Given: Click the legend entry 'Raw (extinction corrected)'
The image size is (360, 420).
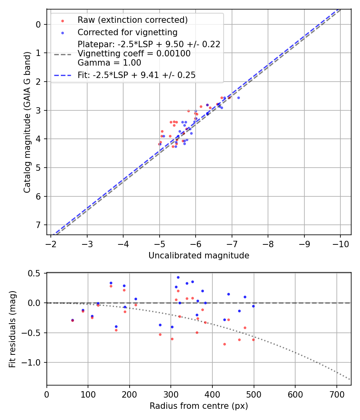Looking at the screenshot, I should [x=132, y=20].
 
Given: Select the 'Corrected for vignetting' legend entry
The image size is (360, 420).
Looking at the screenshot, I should [x=127, y=32].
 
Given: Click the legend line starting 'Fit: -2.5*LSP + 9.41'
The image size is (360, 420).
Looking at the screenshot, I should [x=136, y=75].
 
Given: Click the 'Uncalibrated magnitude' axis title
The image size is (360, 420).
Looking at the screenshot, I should [x=199, y=256].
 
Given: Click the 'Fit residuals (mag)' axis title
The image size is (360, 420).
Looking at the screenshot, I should [x=12, y=329].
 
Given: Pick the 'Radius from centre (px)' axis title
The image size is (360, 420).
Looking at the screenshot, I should [x=199, y=406].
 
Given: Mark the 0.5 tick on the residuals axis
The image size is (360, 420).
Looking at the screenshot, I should [x=36, y=273].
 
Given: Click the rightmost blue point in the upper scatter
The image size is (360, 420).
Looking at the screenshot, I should [x=238, y=98].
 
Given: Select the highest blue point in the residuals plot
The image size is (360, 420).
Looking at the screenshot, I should [x=178, y=277].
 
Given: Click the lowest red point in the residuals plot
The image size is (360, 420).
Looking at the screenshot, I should [x=224, y=344].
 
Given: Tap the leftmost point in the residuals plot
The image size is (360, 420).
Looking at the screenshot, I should [x=72, y=320].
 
